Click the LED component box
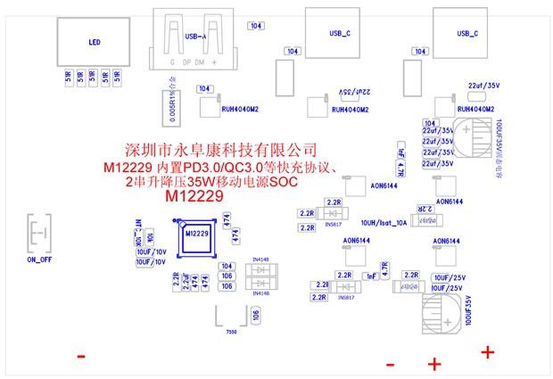tap(94, 42)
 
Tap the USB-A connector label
tap(195, 37)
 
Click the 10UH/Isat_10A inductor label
tap(384, 222)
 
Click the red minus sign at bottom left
tap(81, 357)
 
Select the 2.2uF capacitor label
tap(185, 283)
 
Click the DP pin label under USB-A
tap(186, 64)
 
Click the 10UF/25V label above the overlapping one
tap(447, 276)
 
